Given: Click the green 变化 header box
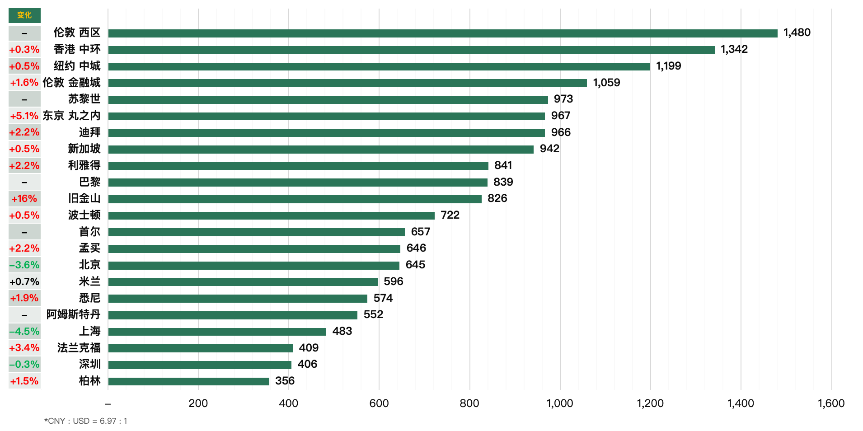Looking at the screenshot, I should [x=24, y=15].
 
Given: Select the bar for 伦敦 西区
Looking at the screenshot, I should [x=443, y=33].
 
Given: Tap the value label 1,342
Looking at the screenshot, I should [x=734, y=49].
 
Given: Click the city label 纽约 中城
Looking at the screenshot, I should [x=77, y=66].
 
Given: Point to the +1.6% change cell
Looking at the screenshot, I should [x=24, y=83].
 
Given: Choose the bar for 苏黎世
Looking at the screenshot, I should [x=328, y=99].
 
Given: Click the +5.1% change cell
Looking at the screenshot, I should [x=24, y=116].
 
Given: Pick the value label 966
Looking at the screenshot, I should [x=561, y=132].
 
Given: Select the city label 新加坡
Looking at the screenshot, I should [x=84, y=149].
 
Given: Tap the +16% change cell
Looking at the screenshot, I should [x=24, y=199].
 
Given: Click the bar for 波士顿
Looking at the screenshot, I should [x=271, y=215].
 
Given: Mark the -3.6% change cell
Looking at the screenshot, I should [x=24, y=265].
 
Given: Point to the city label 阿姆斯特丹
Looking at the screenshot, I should [x=73, y=314].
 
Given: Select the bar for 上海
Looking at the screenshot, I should [x=217, y=332].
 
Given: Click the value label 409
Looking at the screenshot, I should [x=309, y=348].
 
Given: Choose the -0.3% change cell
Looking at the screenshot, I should [x=24, y=365].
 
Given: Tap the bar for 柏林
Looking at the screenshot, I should [x=188, y=381].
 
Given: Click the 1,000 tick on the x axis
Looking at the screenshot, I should [x=560, y=403].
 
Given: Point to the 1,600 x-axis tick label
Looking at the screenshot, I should [x=831, y=403].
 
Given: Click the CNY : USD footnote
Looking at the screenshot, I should [x=85, y=421].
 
